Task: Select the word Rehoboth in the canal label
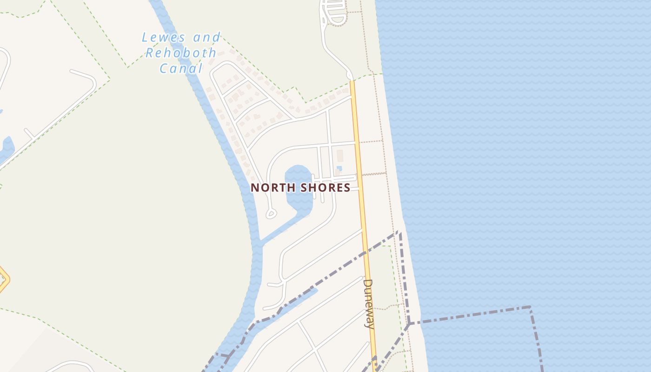[181, 53]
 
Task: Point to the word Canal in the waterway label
[181, 69]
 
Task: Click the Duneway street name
[368, 304]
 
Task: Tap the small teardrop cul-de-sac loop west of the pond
[271, 213]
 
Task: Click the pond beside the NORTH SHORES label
[298, 186]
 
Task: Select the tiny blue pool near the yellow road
[339, 168]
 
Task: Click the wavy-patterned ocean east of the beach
[511, 139]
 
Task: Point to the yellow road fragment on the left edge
[4, 279]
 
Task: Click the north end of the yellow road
[352, 84]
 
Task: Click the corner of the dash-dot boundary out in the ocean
[530, 307]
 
